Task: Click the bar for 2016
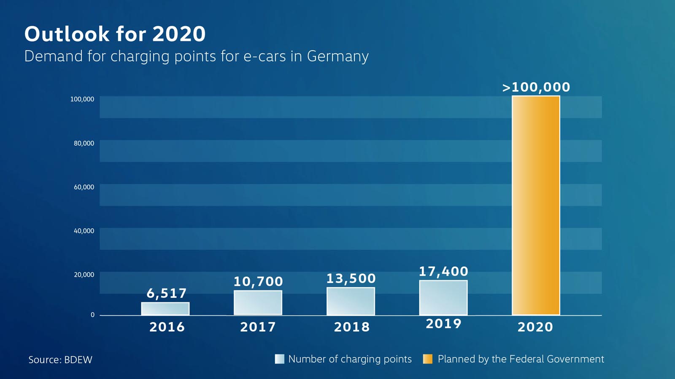pyautogui.click(x=165, y=309)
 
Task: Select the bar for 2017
pyautogui.click(x=258, y=303)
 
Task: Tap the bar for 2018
pyautogui.click(x=351, y=301)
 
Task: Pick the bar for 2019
pyautogui.click(x=443, y=298)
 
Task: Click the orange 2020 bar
pyautogui.click(x=536, y=206)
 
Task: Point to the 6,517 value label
pyautogui.click(x=166, y=293)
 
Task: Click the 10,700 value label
pyautogui.click(x=258, y=281)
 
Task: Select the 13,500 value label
pyautogui.click(x=351, y=278)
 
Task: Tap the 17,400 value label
pyautogui.click(x=443, y=272)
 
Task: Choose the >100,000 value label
pyautogui.click(x=536, y=87)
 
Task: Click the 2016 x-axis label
pyautogui.click(x=167, y=327)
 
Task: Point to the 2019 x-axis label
pyautogui.click(x=443, y=323)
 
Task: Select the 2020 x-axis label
pyautogui.click(x=535, y=327)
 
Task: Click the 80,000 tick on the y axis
pyautogui.click(x=84, y=143)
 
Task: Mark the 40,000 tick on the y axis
pyautogui.click(x=84, y=231)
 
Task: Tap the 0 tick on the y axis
pyautogui.click(x=92, y=315)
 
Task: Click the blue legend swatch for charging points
pyautogui.click(x=279, y=359)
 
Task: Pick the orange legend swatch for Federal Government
pyautogui.click(x=428, y=359)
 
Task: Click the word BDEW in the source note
pyautogui.click(x=78, y=360)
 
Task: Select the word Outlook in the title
pyautogui.click(x=67, y=34)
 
